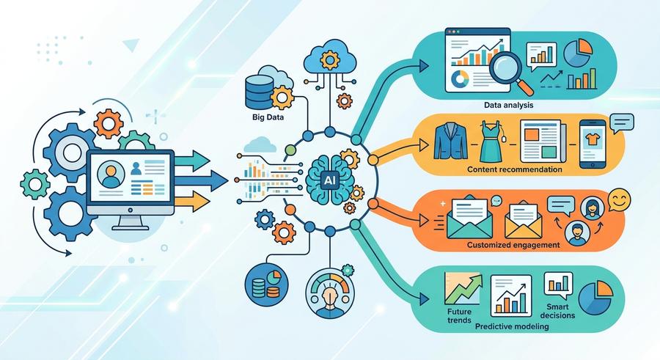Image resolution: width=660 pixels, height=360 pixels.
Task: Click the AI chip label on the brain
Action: click(329, 180)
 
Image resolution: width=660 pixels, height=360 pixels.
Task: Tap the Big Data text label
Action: click(268, 117)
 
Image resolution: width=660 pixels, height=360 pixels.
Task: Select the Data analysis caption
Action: click(508, 105)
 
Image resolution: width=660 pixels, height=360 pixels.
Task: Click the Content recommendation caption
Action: click(514, 169)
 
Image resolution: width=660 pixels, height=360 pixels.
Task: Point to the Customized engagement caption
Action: click(513, 245)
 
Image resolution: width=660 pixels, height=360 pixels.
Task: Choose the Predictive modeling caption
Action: click(512, 326)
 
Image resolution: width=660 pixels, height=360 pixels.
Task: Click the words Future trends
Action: click(459, 316)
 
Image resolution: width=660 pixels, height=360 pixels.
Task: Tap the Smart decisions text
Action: click(557, 311)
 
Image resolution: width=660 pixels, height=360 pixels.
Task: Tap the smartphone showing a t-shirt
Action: click(593, 144)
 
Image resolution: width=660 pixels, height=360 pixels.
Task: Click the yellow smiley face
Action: click(619, 199)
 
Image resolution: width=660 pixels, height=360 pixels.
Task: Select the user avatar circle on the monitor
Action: click(110, 175)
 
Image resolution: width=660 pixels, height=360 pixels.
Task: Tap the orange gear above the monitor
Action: click(109, 124)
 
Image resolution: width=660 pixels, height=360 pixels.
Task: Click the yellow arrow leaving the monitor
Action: click(191, 201)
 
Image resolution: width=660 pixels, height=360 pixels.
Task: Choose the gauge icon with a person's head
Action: click(330, 293)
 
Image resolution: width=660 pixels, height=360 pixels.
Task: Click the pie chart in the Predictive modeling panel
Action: click(595, 297)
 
